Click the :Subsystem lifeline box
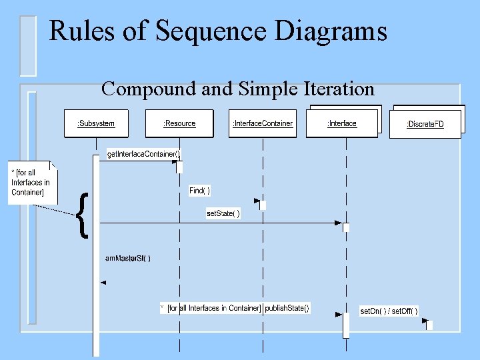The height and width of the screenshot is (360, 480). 96,123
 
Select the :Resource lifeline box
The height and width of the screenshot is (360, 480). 179,123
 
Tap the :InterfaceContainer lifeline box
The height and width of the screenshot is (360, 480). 262,123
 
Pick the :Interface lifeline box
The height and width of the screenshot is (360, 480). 341,123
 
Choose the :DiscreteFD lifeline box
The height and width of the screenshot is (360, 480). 425,125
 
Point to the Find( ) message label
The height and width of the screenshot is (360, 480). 199,191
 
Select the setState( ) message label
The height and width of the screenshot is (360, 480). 223,213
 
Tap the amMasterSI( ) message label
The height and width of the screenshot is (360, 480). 128,258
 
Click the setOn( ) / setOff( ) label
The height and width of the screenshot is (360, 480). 389,311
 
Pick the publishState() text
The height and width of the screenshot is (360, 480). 287,308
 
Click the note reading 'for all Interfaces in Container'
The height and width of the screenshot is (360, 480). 31,183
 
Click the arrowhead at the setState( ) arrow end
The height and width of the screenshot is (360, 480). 338,223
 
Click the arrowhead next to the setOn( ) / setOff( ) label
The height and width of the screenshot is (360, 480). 425,321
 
